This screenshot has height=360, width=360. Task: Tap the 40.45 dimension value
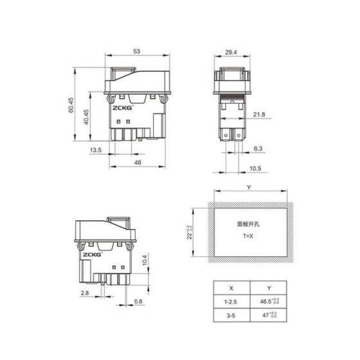(87, 116)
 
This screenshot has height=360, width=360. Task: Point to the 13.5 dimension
(95, 150)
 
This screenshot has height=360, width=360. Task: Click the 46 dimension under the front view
(137, 164)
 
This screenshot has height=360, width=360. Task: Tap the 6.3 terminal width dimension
(258, 148)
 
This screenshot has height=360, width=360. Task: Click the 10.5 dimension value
(255, 168)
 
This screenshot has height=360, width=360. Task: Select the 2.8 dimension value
(85, 293)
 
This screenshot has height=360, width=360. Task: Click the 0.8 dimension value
(138, 301)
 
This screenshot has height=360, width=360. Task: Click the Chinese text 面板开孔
(248, 225)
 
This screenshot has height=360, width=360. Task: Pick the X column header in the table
(230, 289)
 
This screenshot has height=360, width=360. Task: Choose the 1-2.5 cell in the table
(230, 301)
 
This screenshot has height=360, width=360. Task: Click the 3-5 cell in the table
(230, 316)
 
